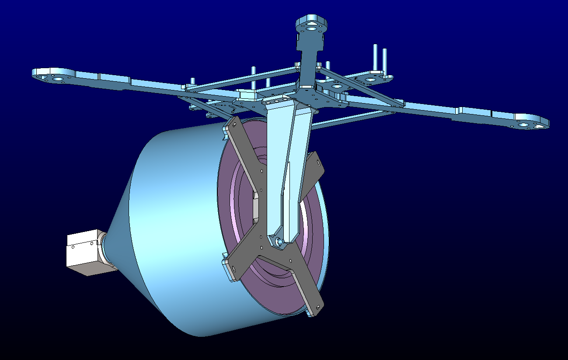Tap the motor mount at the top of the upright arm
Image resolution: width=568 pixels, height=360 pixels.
coord(311,25)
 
